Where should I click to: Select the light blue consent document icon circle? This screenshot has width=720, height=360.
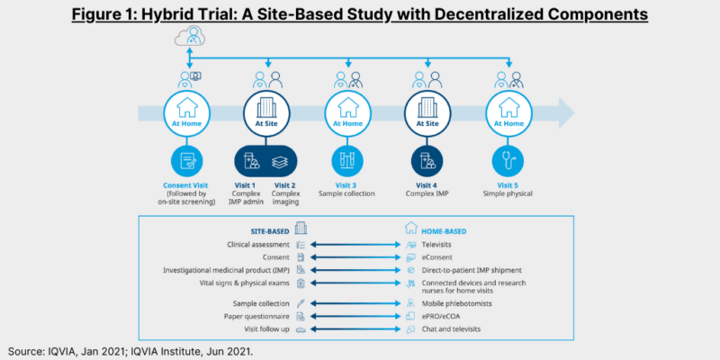pyautogui.click(x=189, y=162)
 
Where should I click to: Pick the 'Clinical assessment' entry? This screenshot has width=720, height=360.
pyautogui.click(x=257, y=244)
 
